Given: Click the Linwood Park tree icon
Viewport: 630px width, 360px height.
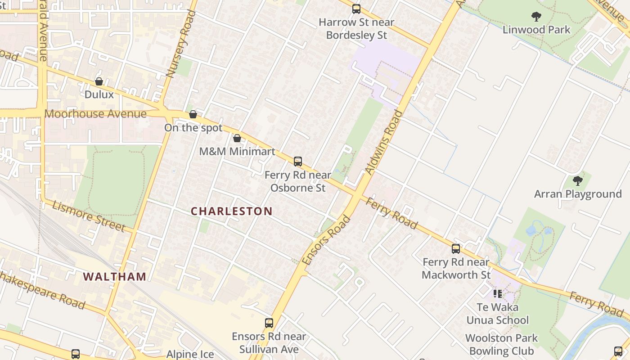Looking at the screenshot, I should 536,17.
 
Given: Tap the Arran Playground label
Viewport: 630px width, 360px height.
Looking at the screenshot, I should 578,194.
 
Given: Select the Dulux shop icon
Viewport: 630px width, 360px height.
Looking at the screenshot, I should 99,81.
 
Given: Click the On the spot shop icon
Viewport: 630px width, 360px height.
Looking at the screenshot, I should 193,114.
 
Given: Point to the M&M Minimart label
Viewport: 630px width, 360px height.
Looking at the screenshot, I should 237,151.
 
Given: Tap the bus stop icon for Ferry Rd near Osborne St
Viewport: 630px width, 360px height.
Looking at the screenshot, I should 297,161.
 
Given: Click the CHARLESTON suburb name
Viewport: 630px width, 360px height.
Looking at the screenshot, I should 232,211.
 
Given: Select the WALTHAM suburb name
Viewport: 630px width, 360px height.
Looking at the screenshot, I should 115,276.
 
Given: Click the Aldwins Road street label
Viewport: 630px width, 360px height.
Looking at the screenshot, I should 383,142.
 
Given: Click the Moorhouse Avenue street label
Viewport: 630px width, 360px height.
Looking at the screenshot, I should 95,114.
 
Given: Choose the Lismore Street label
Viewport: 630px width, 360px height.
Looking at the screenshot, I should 89,216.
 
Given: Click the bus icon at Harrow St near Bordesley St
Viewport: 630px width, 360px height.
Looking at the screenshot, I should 356,9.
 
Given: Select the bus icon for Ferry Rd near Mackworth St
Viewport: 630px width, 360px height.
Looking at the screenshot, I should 456,249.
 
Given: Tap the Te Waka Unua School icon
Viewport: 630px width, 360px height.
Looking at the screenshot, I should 497,294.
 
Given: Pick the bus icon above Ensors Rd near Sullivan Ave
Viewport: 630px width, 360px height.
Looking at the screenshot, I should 269,323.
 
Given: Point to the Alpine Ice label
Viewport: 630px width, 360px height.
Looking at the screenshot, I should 190,354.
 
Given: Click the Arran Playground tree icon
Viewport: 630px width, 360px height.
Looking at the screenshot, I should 578,181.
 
